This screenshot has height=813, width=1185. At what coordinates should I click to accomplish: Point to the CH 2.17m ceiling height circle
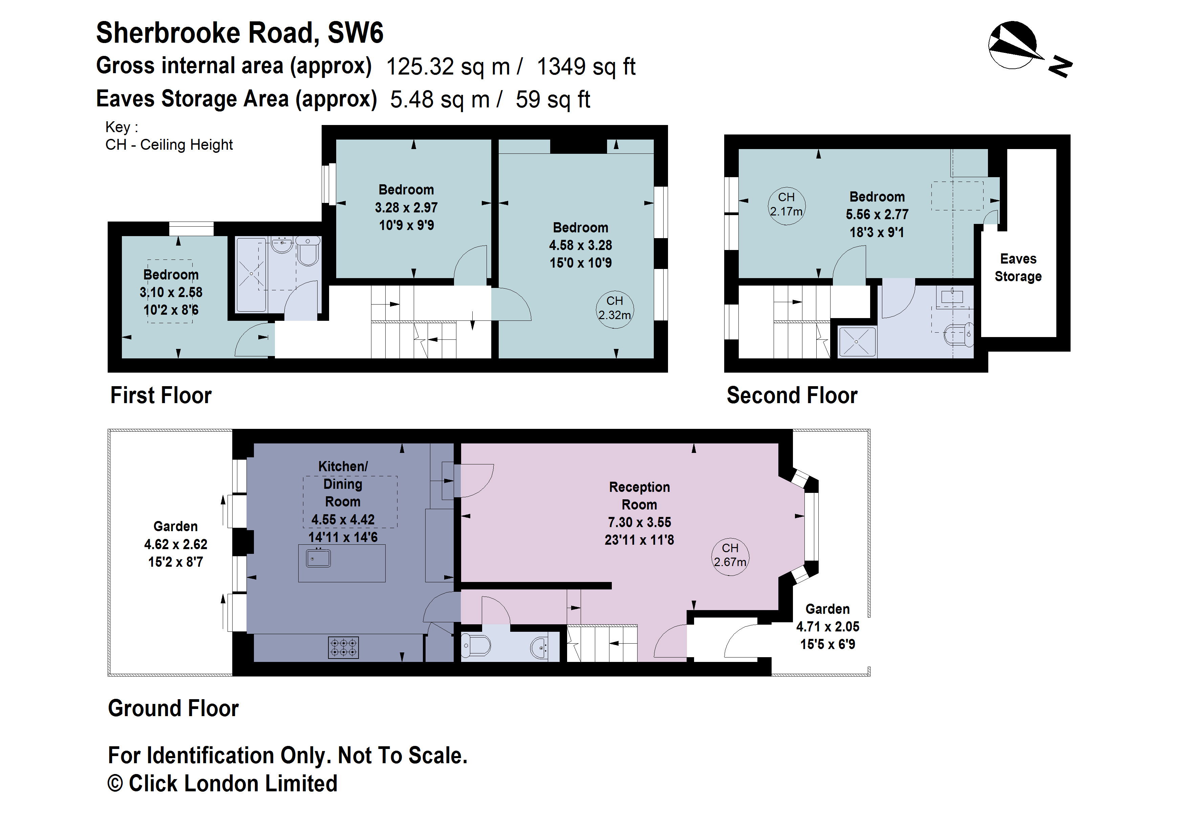point(786,205)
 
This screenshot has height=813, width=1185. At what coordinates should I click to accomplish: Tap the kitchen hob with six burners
point(343,648)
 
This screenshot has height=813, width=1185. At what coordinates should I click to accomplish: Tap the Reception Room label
point(640,496)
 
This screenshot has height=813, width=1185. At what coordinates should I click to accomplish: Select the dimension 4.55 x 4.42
point(343,520)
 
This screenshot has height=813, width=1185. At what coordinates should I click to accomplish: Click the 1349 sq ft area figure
point(586,67)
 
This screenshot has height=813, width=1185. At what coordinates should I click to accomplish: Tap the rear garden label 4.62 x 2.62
point(175,544)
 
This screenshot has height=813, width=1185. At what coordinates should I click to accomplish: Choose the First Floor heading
point(160,396)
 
